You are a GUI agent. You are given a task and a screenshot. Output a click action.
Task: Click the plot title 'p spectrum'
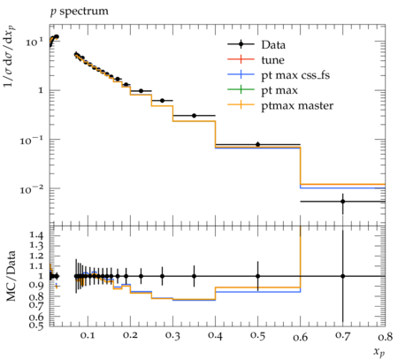click(x=80, y=11)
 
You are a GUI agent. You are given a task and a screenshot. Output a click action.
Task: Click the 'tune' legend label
click(x=273, y=60)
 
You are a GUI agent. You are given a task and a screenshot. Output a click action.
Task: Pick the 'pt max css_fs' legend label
click(x=295, y=75)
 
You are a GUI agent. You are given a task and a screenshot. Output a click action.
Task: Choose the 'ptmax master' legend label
click(x=297, y=105)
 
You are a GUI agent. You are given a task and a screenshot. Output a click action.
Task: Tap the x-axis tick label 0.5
click(x=258, y=336)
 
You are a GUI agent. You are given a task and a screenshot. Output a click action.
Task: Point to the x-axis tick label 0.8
click(x=386, y=336)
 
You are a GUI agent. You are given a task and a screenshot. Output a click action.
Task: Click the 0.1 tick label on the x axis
click(x=88, y=336)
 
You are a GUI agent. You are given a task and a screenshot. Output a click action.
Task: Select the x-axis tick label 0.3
click(x=172, y=336)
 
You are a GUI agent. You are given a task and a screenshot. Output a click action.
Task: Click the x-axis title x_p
click(x=379, y=352)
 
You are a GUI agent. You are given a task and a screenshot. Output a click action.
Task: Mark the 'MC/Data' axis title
click(x=11, y=276)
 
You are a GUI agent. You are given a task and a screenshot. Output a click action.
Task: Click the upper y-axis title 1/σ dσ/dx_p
click(x=10, y=56)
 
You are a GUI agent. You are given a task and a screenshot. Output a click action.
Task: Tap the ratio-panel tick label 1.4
click(x=36, y=235)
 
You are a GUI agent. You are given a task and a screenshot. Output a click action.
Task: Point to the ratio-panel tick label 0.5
click(x=36, y=326)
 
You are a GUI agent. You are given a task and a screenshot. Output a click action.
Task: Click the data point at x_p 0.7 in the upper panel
click(x=343, y=202)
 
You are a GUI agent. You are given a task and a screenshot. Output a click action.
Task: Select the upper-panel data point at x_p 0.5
click(x=258, y=144)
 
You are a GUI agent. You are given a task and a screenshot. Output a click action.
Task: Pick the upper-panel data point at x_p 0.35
click(x=194, y=116)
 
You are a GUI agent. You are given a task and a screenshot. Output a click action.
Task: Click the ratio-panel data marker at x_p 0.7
click(x=343, y=276)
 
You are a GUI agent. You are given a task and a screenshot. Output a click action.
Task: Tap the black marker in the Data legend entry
click(x=241, y=44)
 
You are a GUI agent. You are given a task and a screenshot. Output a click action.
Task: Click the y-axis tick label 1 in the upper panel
click(x=41, y=90)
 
